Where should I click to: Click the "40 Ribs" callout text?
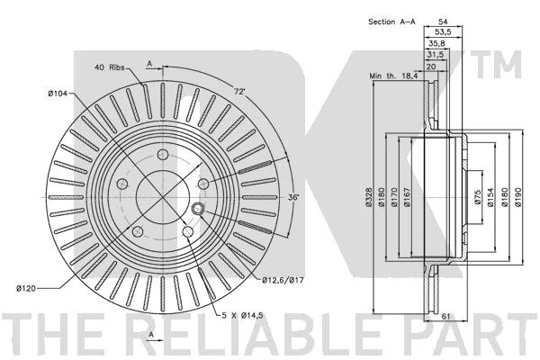pos(110,67)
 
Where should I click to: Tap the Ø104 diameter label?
pos(58,93)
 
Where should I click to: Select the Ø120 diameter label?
pos(26,288)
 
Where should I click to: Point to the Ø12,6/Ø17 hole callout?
pos(283,281)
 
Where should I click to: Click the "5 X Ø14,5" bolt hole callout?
pos(242,315)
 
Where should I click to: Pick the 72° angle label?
pos(239,92)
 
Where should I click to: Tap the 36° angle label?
pos(293,197)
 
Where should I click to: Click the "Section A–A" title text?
pos(391,22)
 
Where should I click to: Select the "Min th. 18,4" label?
pos(393,76)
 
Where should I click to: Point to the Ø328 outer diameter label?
pos(368,197)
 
